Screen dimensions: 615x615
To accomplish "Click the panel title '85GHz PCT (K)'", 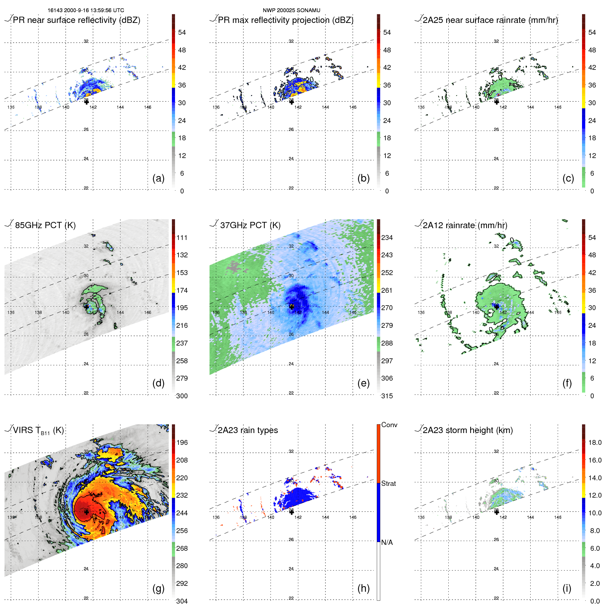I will click(x=45, y=225).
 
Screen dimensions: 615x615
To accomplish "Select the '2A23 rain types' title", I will click(x=248, y=430).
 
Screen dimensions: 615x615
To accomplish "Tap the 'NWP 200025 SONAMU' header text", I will click(x=291, y=10).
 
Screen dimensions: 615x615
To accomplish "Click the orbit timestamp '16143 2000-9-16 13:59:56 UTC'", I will click(x=86, y=10).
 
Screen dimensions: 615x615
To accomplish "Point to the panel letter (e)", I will click(x=363, y=383).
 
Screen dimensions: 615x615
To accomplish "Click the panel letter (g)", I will click(x=158, y=588).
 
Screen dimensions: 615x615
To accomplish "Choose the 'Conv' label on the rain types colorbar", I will click(x=389, y=425).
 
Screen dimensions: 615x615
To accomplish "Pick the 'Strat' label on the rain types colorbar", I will click(x=389, y=483).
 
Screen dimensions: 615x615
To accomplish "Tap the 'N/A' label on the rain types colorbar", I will click(x=387, y=542).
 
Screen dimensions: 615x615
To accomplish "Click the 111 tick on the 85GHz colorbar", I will click(x=182, y=238).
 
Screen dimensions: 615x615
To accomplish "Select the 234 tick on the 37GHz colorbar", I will click(x=387, y=238).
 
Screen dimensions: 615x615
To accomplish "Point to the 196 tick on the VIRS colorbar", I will click(x=182, y=442).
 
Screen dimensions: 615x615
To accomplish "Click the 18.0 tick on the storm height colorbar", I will click(x=595, y=442).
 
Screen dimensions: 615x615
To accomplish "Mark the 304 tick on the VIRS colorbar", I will click(x=182, y=601).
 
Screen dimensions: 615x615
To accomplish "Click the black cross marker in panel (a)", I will click(x=86, y=102).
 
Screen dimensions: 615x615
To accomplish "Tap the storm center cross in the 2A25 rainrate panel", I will click(x=497, y=102).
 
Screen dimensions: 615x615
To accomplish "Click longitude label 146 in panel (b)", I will click(x=353, y=107).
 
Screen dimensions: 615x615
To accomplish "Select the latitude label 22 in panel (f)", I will click(x=496, y=393).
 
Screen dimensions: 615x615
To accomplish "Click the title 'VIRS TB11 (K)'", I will click(x=38, y=431).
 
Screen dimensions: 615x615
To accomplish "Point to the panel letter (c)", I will click(x=568, y=178).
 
